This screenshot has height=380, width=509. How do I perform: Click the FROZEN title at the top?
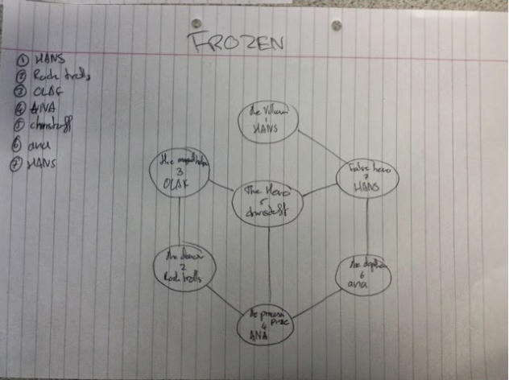coord(236,43)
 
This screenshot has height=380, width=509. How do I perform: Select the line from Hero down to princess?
coord(268,266)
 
